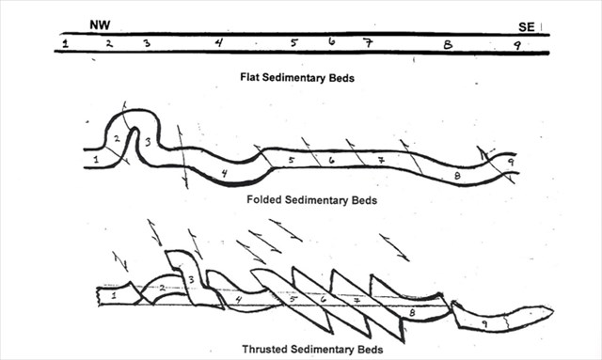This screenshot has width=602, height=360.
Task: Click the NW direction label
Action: point(100,25)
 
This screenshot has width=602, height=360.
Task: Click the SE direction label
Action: point(527,27)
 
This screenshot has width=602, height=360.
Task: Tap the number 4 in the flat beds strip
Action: point(219,42)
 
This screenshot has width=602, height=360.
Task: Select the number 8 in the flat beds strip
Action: point(448,44)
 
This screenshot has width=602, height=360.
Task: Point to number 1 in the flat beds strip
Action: point(66,43)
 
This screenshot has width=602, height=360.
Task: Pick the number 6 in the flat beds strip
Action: point(332,40)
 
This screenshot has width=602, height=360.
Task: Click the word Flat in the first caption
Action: point(250,77)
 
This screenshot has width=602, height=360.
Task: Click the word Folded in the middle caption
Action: point(264,199)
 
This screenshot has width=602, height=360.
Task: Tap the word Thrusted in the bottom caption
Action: point(264,349)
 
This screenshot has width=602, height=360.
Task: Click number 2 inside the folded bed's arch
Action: point(117,138)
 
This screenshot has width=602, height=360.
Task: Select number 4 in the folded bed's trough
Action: point(224,174)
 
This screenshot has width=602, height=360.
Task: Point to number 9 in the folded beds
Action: point(511,163)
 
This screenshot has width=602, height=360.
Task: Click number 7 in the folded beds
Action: point(380,160)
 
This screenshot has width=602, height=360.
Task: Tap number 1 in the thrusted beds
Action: point(114,295)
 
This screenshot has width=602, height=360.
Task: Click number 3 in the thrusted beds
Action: point(191,279)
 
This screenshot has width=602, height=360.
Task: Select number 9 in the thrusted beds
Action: point(484,324)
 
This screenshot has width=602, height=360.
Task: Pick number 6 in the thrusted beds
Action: point(324,298)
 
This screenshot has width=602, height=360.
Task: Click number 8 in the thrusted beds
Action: point(412,312)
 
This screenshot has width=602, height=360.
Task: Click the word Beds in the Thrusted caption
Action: point(371,350)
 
